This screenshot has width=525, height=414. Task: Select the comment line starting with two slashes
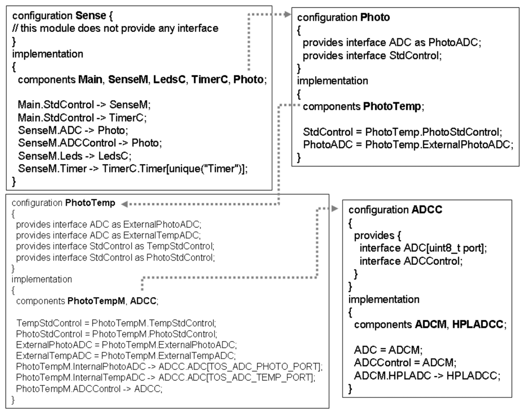[x=114, y=28]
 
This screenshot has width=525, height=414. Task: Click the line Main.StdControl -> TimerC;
[x=80, y=116]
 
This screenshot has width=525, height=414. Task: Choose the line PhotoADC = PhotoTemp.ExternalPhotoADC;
[x=408, y=145]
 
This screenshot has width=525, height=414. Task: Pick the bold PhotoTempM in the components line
[x=96, y=301]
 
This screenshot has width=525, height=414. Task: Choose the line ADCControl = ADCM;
[x=399, y=363]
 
